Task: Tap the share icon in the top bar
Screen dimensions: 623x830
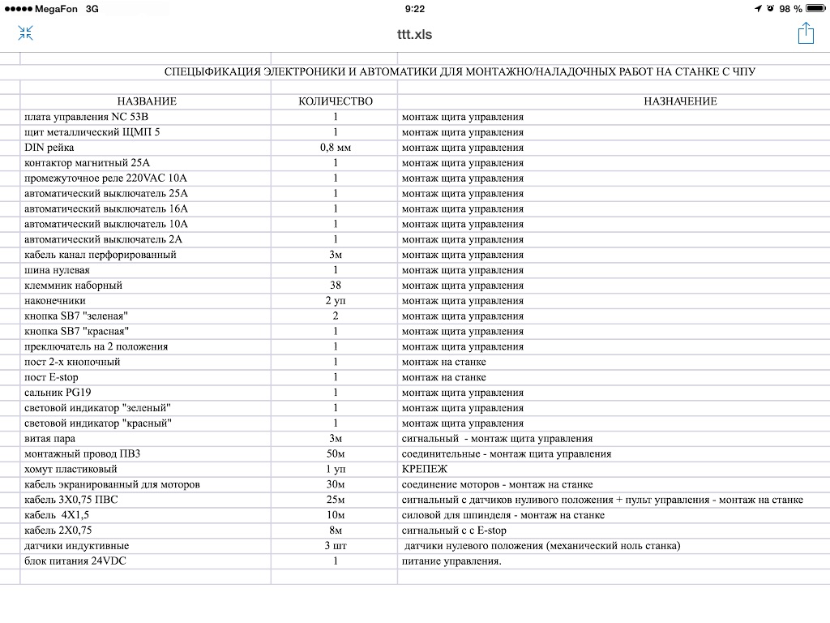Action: pos(805,33)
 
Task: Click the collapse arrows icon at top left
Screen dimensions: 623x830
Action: pos(25,33)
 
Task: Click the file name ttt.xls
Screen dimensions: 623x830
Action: pos(414,34)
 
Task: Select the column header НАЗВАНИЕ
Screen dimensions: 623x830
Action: pos(147,101)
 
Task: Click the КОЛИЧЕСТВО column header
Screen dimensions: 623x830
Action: pos(336,101)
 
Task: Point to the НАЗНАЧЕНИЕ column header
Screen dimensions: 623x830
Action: pos(680,101)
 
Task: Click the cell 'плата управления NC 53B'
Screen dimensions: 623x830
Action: pos(87,117)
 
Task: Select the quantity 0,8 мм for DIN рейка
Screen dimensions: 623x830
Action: pos(336,148)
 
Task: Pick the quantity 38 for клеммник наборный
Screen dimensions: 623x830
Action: pos(336,286)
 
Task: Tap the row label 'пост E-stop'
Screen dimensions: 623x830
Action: pos(51,377)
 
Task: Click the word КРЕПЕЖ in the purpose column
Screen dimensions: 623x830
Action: pos(425,469)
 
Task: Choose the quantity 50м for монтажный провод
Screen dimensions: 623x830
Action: pos(336,453)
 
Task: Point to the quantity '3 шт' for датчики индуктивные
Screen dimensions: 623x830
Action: pos(336,546)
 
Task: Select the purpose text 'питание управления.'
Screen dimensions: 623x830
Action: pos(451,561)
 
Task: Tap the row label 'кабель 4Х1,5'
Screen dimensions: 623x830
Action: pos(57,515)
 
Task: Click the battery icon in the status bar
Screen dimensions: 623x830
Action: pos(815,9)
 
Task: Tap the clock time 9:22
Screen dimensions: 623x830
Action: pos(414,9)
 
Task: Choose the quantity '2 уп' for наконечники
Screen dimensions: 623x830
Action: pos(336,301)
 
